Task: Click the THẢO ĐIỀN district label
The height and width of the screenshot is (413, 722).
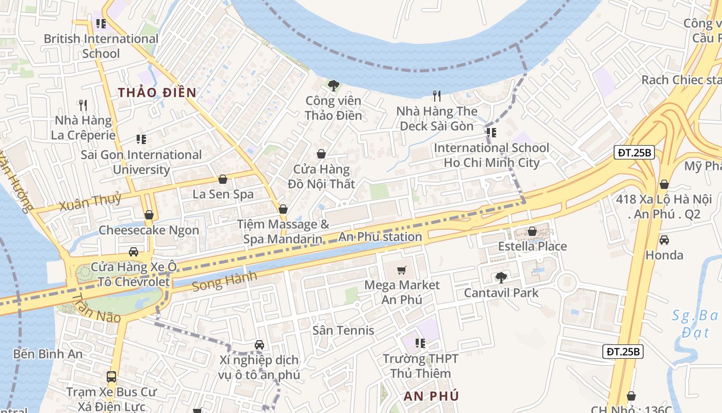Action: pos(157,92)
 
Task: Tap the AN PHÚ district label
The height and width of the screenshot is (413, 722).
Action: pos(431,396)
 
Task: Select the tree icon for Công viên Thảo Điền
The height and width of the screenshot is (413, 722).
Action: pos(333,85)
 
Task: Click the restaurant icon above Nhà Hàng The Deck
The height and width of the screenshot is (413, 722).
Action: pos(437,96)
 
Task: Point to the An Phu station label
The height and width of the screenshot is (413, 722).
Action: pos(380,237)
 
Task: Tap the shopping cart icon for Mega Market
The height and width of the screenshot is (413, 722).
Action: pos(402,270)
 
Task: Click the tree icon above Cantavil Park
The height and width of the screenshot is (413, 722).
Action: pos(501,278)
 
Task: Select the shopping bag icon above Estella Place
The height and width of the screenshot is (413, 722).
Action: pos(532,231)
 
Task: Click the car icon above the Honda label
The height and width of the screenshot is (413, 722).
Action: pos(664,240)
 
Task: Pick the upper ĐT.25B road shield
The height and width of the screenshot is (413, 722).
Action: pos(634,152)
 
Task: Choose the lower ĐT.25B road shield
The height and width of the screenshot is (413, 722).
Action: pos(622,352)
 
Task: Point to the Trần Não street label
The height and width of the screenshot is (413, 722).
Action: pos(96,308)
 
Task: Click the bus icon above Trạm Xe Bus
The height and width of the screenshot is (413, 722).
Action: pos(111,376)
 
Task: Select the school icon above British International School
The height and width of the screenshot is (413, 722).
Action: pos(101,24)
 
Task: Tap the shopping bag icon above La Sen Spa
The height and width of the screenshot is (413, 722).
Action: pos(223,179)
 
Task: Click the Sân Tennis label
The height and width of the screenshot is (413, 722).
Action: pos(343,330)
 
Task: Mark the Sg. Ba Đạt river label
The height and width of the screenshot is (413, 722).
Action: pos(695,324)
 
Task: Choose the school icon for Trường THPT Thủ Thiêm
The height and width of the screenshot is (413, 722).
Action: pos(420,343)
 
